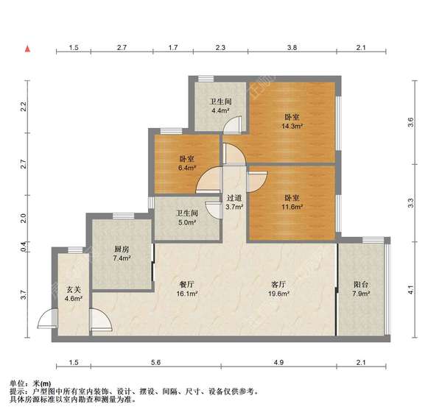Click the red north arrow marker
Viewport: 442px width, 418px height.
pyautogui.click(x=27, y=49)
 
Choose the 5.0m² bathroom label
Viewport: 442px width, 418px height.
pyautogui.click(x=186, y=219)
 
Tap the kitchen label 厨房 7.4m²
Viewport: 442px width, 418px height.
pyautogui.click(x=122, y=254)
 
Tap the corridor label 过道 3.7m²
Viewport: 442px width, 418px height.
pyautogui.click(x=234, y=202)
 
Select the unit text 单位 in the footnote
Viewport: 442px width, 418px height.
pyautogui.click(x=17, y=383)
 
